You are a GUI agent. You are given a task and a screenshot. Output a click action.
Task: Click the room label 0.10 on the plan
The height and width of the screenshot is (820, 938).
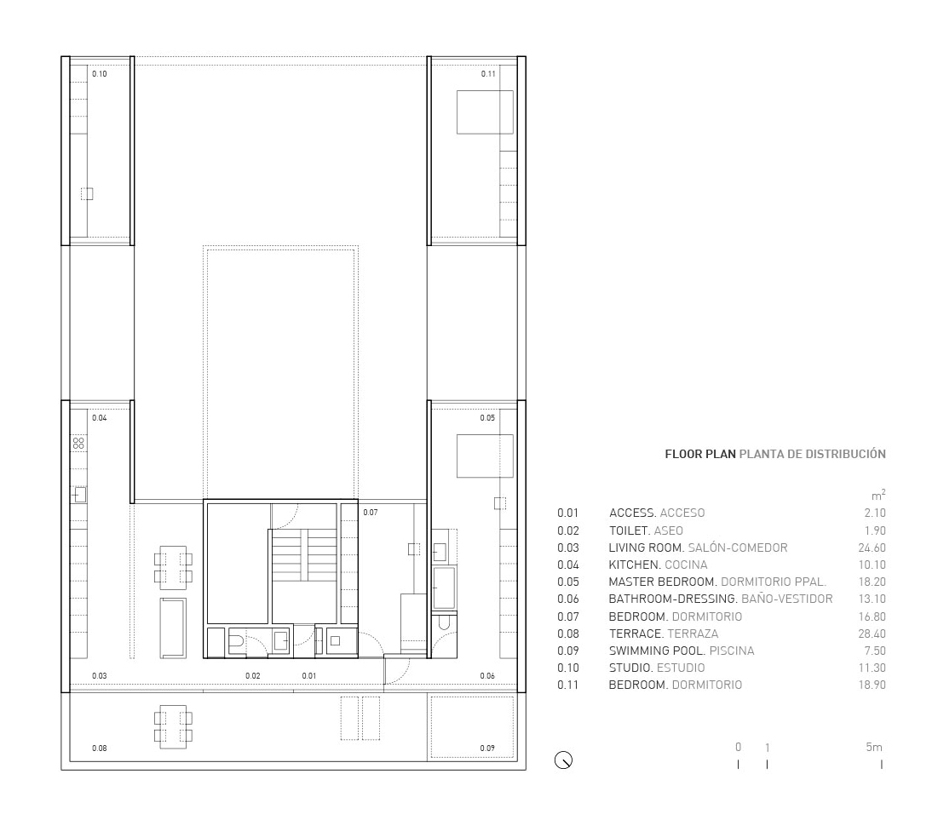click(100, 74)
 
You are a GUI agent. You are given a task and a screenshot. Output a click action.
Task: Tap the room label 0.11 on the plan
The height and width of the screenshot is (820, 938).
click(488, 74)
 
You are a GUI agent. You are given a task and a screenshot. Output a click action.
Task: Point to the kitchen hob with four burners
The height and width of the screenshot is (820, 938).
click(78, 443)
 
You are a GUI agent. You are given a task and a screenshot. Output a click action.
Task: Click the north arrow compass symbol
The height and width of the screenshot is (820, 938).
click(563, 760)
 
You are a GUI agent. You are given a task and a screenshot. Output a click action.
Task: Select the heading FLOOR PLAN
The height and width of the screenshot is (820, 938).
click(700, 454)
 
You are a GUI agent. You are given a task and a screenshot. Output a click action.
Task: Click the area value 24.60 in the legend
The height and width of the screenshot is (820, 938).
click(872, 548)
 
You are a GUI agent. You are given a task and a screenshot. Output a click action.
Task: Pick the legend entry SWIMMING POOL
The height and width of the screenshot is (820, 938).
click(658, 651)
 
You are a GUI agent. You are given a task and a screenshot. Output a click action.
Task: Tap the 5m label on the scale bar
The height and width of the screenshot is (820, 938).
click(874, 747)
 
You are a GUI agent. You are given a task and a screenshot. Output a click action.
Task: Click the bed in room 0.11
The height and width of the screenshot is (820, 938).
click(485, 112)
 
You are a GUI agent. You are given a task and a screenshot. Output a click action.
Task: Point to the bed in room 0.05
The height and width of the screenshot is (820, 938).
click(485, 456)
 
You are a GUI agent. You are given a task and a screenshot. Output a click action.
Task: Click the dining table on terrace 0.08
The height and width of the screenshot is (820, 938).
click(173, 727)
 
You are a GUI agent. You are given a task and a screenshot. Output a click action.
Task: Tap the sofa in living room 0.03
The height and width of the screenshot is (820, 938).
click(173, 628)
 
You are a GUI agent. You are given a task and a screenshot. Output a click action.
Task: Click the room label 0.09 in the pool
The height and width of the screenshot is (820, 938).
click(487, 748)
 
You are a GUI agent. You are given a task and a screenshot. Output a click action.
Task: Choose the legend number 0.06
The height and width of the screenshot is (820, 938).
click(567, 599)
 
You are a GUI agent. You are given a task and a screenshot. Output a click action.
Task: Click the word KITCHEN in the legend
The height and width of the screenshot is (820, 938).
click(635, 565)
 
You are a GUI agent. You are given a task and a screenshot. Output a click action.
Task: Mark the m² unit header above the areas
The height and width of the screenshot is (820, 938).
click(878, 496)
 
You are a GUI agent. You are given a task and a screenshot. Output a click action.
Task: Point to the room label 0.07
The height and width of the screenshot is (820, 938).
click(371, 513)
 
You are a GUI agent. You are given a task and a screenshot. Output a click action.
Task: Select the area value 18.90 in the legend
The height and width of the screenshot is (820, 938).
click(872, 685)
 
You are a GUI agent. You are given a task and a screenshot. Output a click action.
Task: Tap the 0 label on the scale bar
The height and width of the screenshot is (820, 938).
click(738, 747)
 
